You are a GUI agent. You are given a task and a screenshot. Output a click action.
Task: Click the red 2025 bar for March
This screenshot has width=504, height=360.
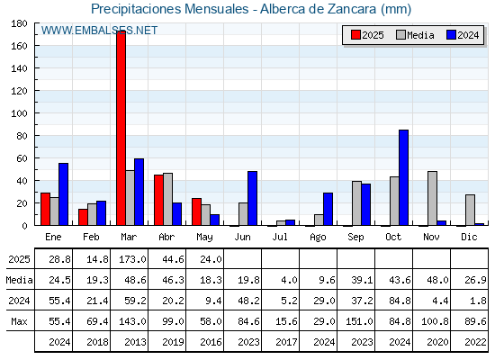click(121, 128)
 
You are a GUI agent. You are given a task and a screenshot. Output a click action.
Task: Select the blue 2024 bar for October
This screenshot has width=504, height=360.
click(404, 177)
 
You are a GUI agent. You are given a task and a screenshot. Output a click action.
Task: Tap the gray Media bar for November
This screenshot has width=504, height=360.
click(432, 198)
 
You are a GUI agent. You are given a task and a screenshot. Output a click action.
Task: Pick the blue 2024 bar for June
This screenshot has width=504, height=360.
click(252, 198)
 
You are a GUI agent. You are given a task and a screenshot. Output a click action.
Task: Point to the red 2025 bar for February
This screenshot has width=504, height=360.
click(83, 217)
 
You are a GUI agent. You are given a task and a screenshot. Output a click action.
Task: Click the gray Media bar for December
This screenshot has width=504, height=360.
click(470, 210)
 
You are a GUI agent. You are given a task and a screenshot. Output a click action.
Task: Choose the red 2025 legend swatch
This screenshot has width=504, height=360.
click(355, 35)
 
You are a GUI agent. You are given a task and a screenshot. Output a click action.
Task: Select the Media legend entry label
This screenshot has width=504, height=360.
click(420, 35)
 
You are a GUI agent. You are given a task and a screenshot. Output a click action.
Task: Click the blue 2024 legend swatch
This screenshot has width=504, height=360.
click(451, 35)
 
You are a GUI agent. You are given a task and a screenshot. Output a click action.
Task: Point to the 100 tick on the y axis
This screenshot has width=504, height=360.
click(35, 113)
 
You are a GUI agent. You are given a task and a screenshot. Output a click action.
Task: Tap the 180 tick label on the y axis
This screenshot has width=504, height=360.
click(19, 23)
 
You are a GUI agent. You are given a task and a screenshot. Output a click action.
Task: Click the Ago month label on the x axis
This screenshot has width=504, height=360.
click(318, 238)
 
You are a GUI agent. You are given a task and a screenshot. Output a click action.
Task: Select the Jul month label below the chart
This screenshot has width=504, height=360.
click(280, 237)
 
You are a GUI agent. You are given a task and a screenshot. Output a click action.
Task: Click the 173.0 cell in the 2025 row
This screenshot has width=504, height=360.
click(133, 259)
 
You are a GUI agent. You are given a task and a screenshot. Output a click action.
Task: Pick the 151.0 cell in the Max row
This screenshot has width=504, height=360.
click(359, 321)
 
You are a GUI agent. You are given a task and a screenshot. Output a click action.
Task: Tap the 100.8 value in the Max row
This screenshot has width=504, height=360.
click(435, 321)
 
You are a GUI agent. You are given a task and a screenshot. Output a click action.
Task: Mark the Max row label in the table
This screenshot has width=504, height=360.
click(19, 321)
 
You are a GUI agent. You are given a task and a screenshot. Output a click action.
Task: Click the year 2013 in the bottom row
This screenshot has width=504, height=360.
click(135, 342)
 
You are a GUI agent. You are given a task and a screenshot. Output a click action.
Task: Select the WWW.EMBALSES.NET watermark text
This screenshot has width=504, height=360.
click(99, 31)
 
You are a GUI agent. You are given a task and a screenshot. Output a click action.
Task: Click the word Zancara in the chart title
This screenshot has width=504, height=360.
click(352, 9)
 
